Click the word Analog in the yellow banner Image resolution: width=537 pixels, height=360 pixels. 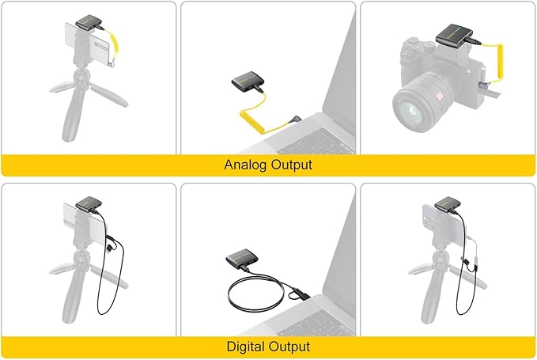tap(247, 165)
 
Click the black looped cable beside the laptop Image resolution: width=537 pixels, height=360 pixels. tap(253, 297)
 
